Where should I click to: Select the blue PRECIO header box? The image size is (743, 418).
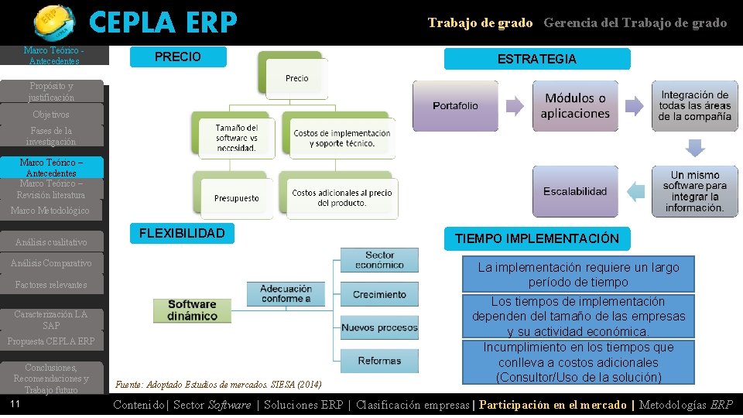click(178, 57)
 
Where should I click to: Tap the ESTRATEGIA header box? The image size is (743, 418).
click(536, 59)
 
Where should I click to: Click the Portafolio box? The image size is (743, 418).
click(455, 105)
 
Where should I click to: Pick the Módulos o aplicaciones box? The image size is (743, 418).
click(575, 105)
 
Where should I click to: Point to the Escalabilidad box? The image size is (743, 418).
click(575, 191)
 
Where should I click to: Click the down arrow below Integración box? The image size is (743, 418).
click(695, 147)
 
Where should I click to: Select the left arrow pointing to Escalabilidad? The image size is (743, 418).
click(635, 191)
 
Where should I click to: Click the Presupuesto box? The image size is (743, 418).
click(236, 198)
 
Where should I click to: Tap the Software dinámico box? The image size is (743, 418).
click(192, 310)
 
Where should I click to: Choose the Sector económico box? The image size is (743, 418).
click(379, 260)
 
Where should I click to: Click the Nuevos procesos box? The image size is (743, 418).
click(379, 327)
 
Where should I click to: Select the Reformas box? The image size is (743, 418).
click(379, 361)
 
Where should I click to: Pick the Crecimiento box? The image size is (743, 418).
click(379, 294)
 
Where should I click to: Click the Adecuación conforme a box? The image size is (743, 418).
click(286, 293)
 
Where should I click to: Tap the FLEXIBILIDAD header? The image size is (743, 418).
click(182, 233)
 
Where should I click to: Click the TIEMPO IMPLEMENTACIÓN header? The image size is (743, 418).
click(536, 238)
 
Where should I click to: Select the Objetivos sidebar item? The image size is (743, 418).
click(51, 115)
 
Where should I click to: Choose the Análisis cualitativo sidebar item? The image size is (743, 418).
click(51, 242)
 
